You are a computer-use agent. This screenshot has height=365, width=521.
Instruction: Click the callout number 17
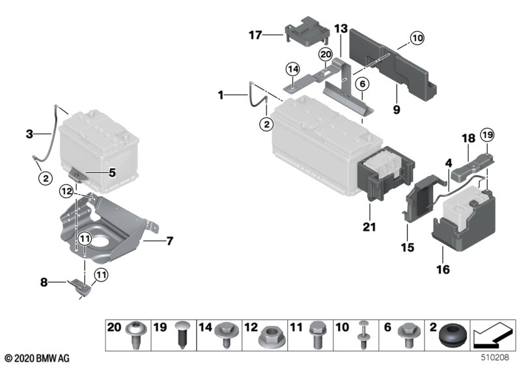coord(255,35)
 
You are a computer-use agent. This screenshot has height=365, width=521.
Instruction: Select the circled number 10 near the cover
coord(417,38)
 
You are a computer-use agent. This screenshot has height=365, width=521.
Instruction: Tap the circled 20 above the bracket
coord(326,54)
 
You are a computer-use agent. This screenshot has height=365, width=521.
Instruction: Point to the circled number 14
coord(292,70)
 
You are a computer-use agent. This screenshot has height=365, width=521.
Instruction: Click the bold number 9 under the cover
coord(397,109)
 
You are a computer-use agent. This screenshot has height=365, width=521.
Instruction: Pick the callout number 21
coord(369,227)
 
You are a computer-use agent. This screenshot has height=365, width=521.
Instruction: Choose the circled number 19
coord(487,136)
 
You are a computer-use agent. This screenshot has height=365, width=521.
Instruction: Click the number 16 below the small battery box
coord(443,269)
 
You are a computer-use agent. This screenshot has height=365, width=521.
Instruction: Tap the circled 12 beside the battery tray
coord(66,192)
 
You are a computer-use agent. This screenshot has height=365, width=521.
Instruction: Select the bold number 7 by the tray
coord(170,241)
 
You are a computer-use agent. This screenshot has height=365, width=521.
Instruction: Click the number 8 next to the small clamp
coord(44,283)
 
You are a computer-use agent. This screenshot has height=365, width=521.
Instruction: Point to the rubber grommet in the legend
coord(453,336)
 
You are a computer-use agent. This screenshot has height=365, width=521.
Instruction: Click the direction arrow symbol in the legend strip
coord(494,336)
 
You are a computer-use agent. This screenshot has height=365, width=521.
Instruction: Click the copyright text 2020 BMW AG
coord(38,358)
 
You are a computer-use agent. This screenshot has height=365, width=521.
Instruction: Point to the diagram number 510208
coord(495,358)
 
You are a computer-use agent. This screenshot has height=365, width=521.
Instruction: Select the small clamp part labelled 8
coord(80,287)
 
